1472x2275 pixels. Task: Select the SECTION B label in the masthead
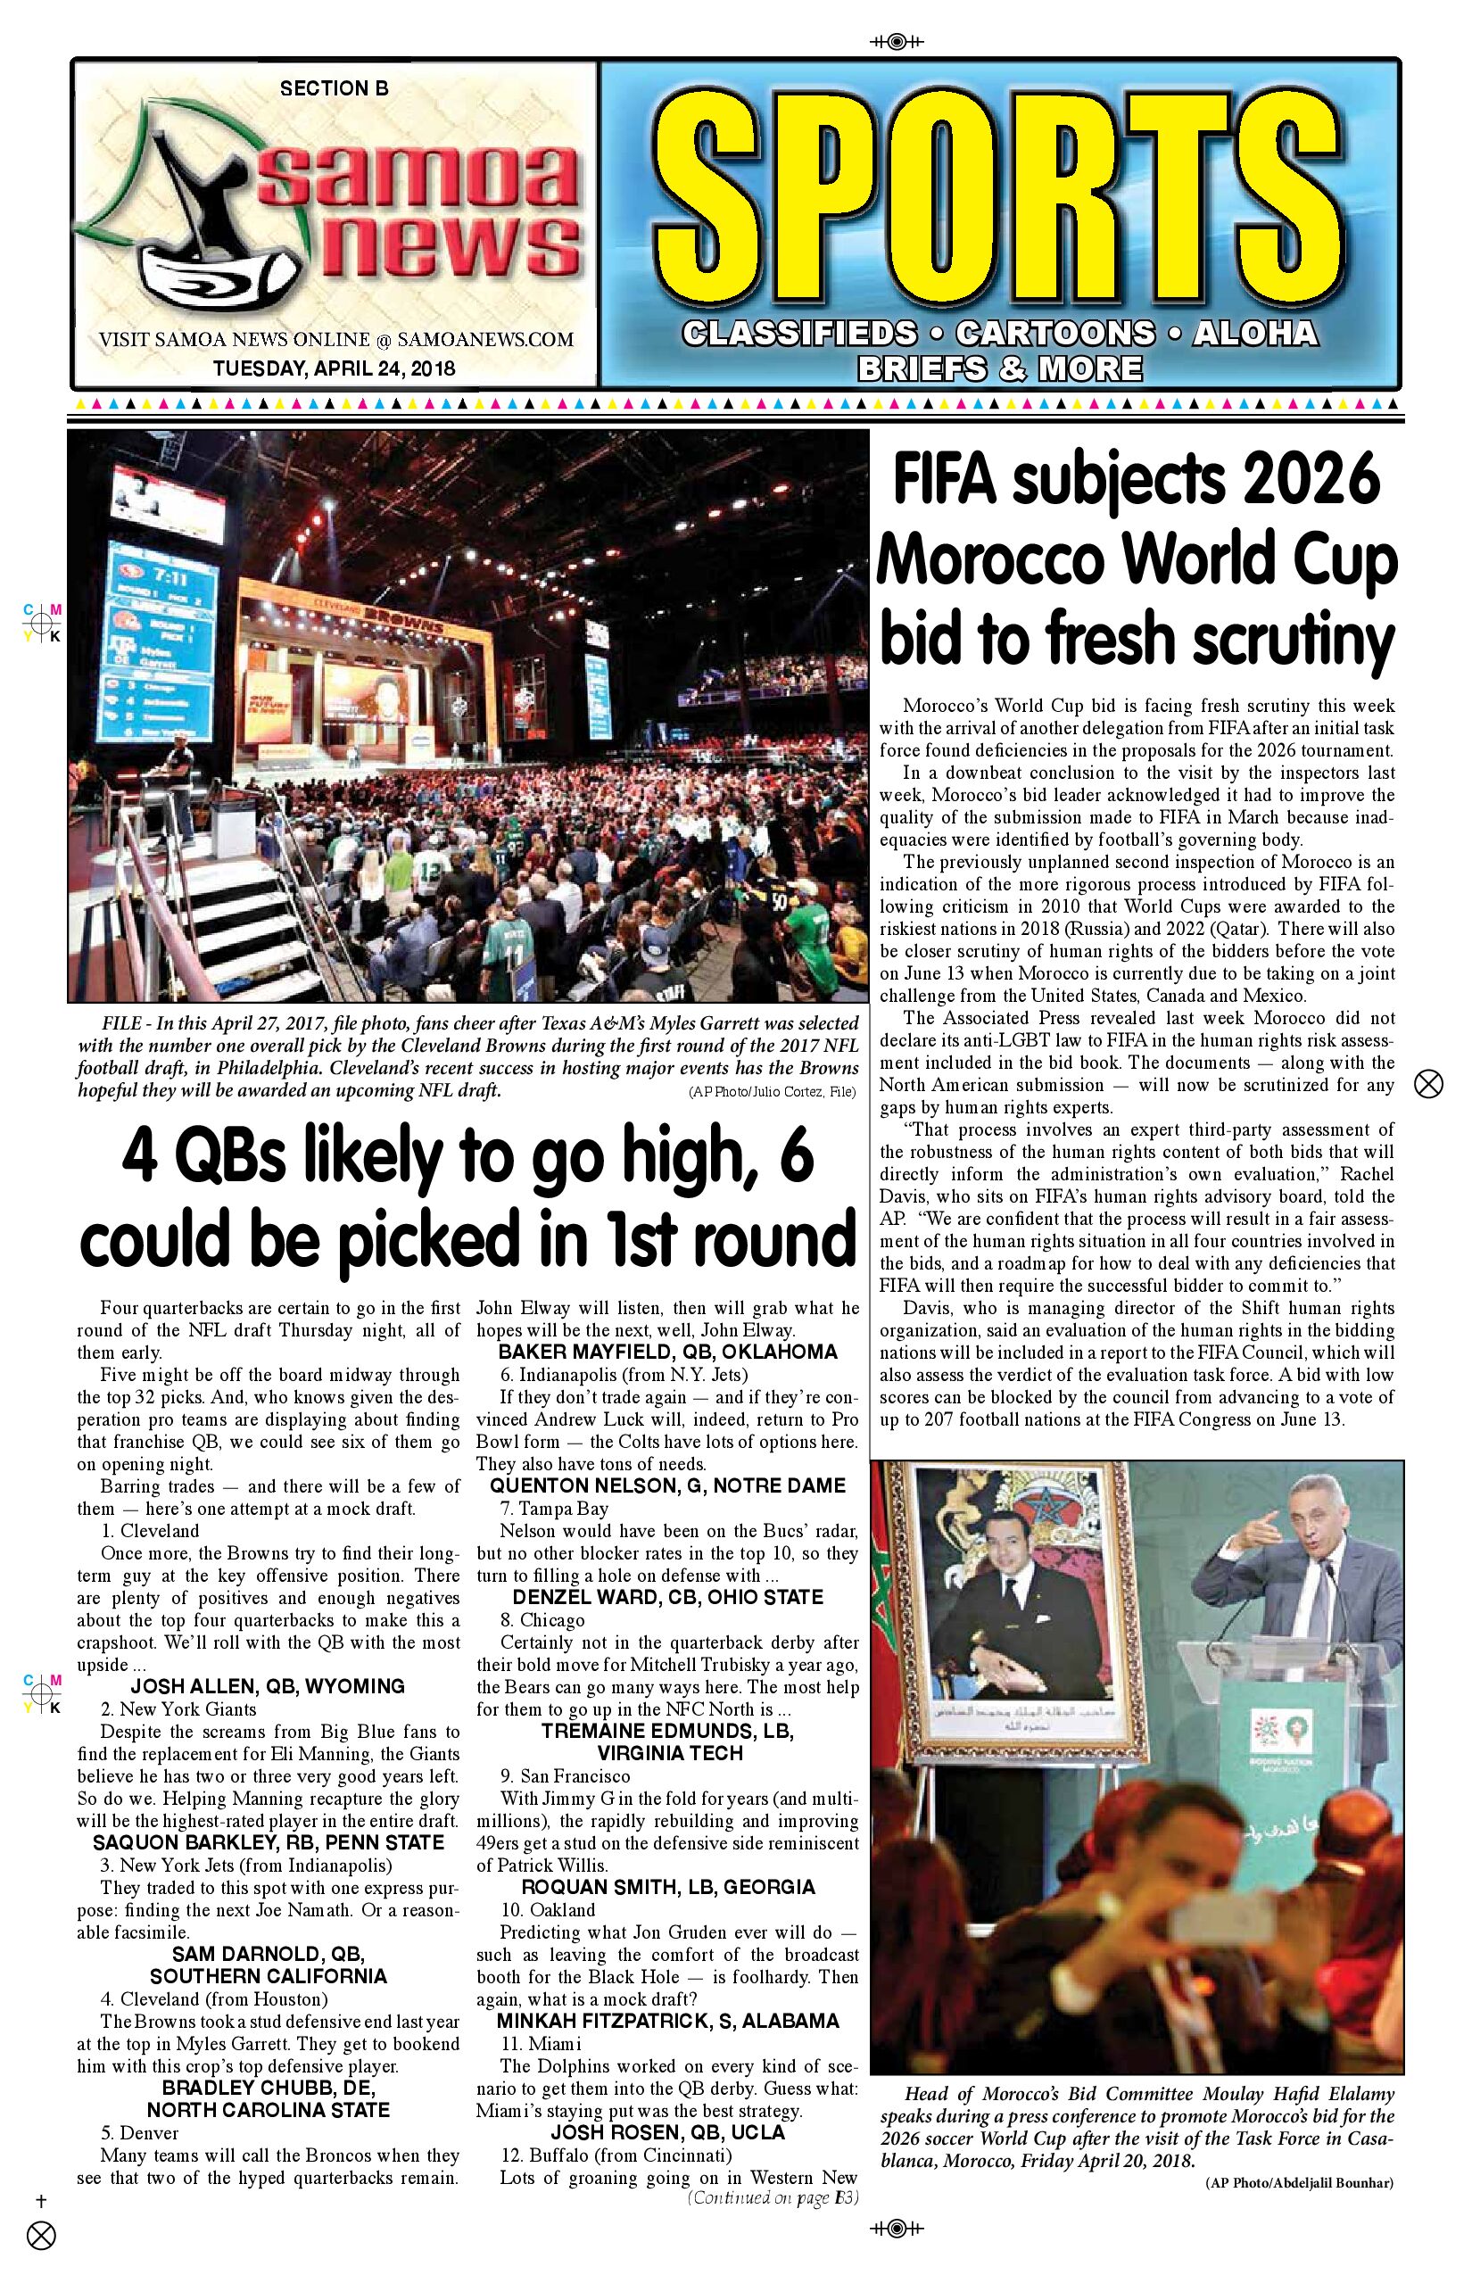(334, 89)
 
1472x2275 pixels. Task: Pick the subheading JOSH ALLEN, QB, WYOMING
(268, 1686)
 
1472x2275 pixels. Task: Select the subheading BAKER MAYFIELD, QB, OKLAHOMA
(667, 1352)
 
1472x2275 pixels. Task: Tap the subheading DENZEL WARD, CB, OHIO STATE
(667, 1597)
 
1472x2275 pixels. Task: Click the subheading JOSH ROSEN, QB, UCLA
(667, 2132)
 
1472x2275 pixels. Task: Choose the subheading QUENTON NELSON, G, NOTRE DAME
(667, 1485)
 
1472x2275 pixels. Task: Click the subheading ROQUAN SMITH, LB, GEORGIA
(667, 1887)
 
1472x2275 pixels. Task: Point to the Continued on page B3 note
(773, 2197)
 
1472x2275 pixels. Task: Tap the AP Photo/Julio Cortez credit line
(772, 1092)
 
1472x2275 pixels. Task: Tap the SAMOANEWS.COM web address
(484, 339)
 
